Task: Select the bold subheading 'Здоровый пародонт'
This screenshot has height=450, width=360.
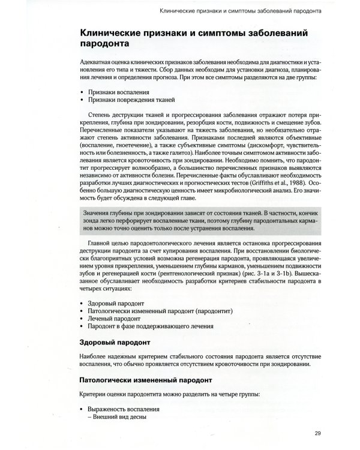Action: pos(114,344)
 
